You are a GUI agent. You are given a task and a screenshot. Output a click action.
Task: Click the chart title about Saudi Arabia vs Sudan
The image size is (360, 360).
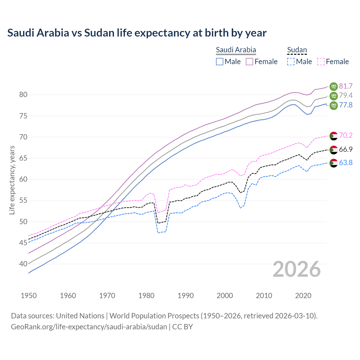tap(137, 33)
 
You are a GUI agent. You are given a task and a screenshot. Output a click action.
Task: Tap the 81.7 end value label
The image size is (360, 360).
tap(346, 86)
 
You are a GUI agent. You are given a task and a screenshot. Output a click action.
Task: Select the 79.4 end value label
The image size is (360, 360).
tap(346, 96)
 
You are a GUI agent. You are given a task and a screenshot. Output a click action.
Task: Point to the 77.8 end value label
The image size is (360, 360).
tap(346, 105)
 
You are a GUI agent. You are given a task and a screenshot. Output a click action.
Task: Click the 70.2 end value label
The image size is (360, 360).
tap(346, 135)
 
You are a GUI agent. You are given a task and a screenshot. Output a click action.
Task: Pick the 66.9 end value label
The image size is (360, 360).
tap(346, 150)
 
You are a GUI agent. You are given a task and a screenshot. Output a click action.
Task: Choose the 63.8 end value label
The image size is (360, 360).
tap(346, 163)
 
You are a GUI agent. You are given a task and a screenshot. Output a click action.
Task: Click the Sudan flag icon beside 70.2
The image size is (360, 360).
tap(334, 136)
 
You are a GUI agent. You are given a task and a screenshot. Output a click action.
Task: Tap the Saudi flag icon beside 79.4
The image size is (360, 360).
tap(334, 96)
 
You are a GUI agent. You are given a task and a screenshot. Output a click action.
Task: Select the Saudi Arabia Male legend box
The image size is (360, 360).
tap(220, 62)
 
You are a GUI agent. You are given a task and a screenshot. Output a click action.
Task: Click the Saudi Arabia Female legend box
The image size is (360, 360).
tap(249, 62)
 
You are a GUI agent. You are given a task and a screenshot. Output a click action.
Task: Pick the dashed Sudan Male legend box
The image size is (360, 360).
tap(291, 62)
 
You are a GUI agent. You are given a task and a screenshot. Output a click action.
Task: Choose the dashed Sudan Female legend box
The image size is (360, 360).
tap(321, 62)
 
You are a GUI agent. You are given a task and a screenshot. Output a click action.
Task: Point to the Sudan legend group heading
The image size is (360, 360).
tap(297, 50)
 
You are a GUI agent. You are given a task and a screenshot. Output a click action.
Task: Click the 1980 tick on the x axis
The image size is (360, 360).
tap(147, 296)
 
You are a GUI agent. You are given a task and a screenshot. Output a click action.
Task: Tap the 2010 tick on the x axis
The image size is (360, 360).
tap(264, 296)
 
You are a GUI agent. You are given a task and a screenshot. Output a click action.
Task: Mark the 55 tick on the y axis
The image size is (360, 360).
tap(23, 201)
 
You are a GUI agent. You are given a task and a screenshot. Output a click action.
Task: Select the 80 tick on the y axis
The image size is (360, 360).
tap(23, 95)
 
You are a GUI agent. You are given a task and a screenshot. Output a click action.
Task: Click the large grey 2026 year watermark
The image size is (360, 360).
tap(297, 269)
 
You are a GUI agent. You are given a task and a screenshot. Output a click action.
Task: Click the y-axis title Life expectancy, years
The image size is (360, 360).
tap(12, 180)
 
